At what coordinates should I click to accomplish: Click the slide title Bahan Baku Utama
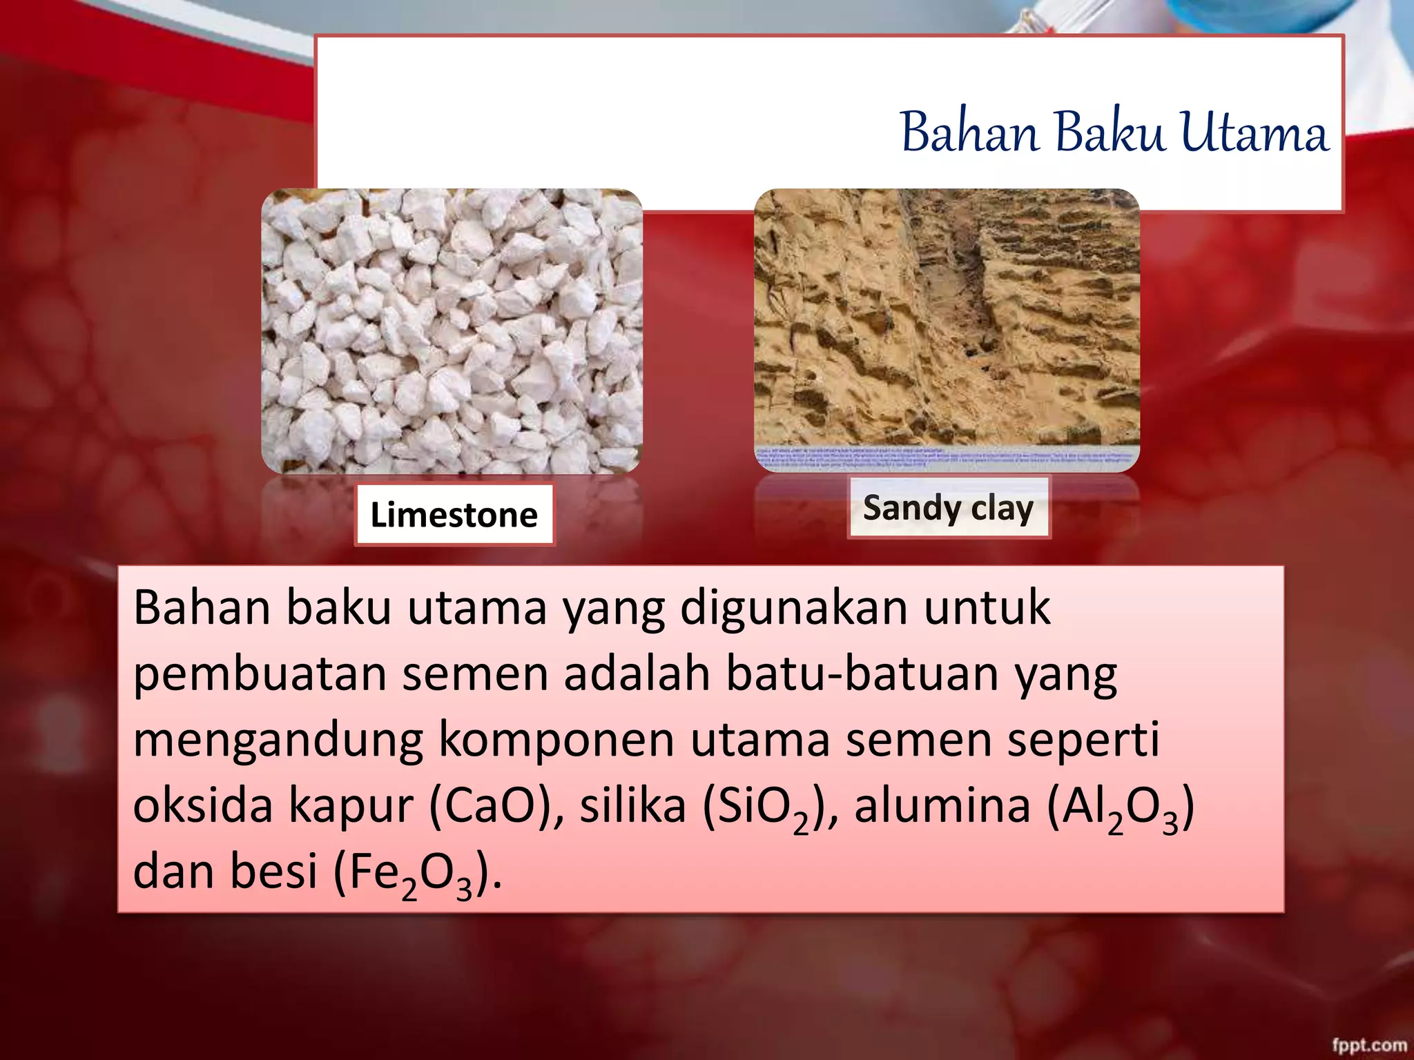[1114, 132]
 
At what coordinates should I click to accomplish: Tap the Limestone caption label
[454, 515]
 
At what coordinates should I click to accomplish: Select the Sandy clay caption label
[948, 508]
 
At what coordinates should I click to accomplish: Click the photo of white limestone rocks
[452, 331]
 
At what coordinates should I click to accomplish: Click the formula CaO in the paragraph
[490, 806]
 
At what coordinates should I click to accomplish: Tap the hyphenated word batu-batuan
[862, 674]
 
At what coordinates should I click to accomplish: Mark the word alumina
[942, 806]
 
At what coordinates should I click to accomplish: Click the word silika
[632, 806]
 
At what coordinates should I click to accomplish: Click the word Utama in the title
[1254, 132]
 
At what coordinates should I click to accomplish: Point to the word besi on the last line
[273, 871]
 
